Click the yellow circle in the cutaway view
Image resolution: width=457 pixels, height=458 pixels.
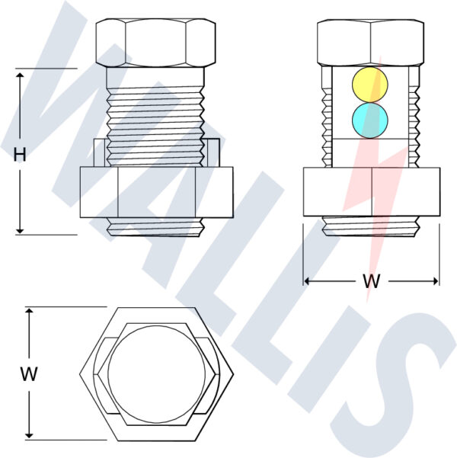coord(370,83)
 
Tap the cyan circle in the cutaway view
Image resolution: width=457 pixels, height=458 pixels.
coord(370,120)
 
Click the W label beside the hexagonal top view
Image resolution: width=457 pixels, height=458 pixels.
coord(29,374)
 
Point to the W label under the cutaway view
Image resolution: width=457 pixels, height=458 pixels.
coord(372,281)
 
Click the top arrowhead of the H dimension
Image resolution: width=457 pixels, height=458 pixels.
coord(21,73)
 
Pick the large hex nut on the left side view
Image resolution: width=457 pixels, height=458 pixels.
coord(156,192)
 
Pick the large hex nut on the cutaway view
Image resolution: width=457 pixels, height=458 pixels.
coord(371,192)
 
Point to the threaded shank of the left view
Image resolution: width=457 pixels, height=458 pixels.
coord(156,107)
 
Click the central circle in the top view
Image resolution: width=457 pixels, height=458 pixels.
coord(155,373)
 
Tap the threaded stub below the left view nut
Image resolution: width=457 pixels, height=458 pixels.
coord(156,226)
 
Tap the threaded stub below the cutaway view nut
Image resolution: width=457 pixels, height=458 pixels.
coord(371,226)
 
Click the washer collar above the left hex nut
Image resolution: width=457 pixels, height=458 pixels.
coord(99,153)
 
